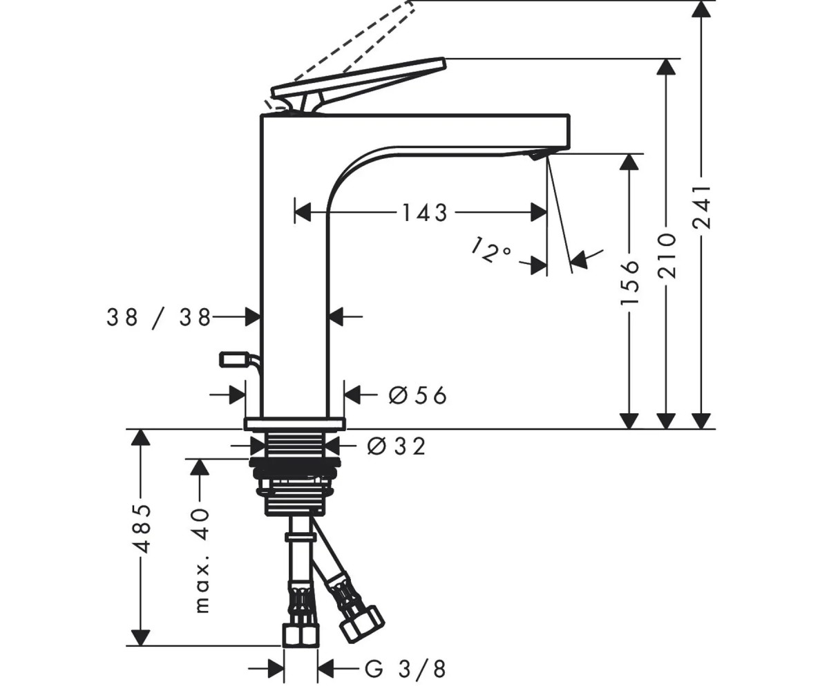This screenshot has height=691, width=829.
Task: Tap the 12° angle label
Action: (491, 249)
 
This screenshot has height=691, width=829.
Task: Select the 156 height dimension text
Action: (629, 283)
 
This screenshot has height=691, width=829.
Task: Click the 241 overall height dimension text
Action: (702, 207)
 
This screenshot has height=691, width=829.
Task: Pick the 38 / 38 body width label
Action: (159, 317)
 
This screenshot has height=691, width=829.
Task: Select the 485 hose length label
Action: (142, 529)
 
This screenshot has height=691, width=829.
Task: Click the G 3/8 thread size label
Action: (405, 668)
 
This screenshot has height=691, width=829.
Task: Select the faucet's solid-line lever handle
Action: (359, 85)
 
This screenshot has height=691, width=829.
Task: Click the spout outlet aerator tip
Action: (537, 155)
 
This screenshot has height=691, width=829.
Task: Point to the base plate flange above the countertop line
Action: (294, 423)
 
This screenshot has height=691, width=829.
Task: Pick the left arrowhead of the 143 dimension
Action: (303, 212)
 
